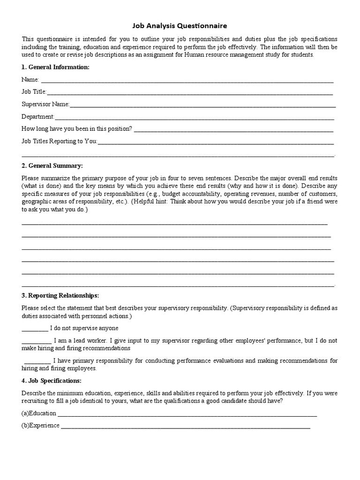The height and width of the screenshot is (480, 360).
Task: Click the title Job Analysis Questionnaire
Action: (180, 27)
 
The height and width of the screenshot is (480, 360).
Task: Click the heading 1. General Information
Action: (55, 67)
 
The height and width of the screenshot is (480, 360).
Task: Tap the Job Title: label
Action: (34, 92)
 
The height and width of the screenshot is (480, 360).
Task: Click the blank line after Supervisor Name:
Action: (202, 105)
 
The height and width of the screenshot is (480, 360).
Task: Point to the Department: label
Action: (38, 116)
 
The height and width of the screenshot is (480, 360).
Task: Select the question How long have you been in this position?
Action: (77, 128)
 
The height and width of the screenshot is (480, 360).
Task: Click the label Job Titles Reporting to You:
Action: (60, 141)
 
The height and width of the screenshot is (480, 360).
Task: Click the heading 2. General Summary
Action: (52, 166)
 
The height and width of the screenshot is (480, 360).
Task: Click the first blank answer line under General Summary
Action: (174, 223)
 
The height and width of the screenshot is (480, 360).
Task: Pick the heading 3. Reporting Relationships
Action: (60, 296)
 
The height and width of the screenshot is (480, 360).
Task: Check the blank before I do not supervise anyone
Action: (35, 329)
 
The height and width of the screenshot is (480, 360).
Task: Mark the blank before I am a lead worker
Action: (37, 341)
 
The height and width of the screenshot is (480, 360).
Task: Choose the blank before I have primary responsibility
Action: (37, 361)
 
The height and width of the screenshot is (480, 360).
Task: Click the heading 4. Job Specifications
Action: (52, 380)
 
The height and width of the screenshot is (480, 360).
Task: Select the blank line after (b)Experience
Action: (185, 427)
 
